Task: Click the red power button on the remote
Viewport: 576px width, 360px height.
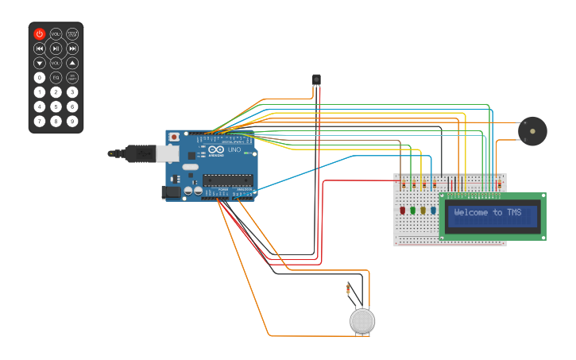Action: pos(39,34)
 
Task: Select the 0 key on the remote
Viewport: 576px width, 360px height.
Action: pos(39,77)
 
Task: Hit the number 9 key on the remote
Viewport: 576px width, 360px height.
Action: pos(72,121)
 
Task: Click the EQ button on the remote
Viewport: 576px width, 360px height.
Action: pos(56,77)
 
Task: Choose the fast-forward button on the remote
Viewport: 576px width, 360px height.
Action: pos(72,48)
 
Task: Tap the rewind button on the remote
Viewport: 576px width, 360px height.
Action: pos(39,48)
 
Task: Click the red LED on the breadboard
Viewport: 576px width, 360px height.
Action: pos(403,211)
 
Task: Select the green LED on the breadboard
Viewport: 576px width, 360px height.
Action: pos(413,211)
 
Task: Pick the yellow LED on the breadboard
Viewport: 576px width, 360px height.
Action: pos(423,211)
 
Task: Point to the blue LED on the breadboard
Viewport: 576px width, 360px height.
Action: pos(433,211)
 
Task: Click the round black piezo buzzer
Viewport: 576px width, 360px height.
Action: pos(532,130)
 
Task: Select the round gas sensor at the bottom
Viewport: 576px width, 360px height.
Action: pos(362,320)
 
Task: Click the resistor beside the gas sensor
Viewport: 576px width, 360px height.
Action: pos(349,289)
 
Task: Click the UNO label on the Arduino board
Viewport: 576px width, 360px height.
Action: pos(234,149)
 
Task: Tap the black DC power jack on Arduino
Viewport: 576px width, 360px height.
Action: pos(170,192)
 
